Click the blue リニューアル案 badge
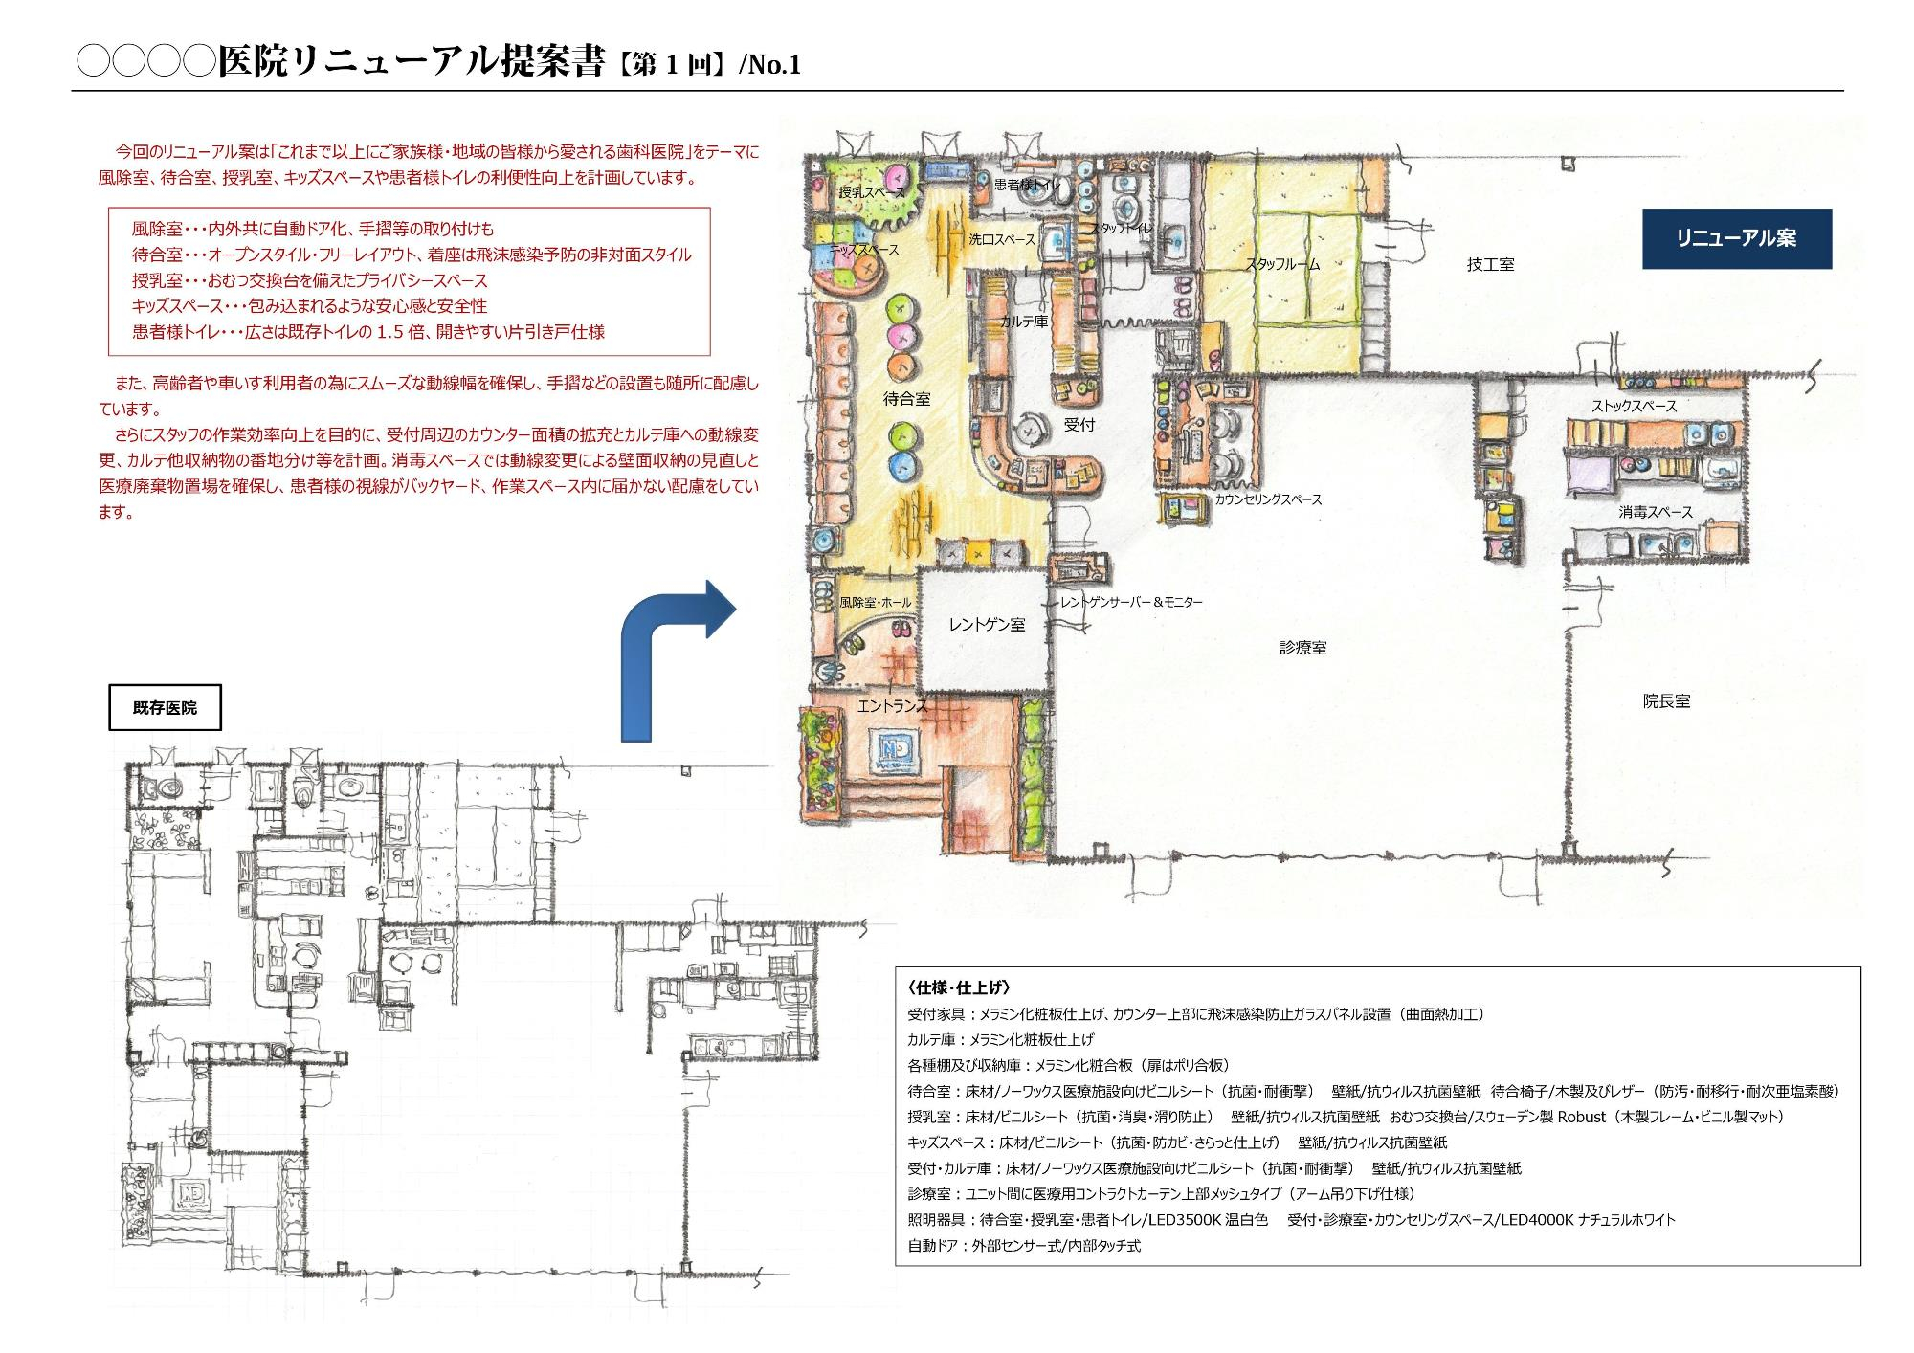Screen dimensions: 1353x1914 tap(1736, 238)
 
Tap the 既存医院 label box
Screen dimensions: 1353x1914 tap(165, 708)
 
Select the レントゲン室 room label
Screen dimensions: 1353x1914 tap(987, 624)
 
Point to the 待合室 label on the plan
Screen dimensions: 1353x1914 tap(906, 399)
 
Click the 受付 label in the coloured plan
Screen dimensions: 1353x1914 tap(1079, 424)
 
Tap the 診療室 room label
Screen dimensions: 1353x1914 tap(1302, 648)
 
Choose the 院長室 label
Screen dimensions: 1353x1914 tap(1666, 701)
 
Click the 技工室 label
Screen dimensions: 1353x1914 tap(1490, 264)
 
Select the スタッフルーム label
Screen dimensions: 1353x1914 tap(1282, 264)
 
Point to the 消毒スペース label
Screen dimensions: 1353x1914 tap(1656, 512)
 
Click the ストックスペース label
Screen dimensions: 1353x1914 tap(1635, 406)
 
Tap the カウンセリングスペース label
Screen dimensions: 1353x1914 tap(1268, 499)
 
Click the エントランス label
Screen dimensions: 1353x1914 tap(892, 706)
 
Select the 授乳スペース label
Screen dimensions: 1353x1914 tap(871, 192)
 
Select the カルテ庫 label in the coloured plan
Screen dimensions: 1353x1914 tap(1024, 322)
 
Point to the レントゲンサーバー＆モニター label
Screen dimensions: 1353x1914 tap(1130, 602)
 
